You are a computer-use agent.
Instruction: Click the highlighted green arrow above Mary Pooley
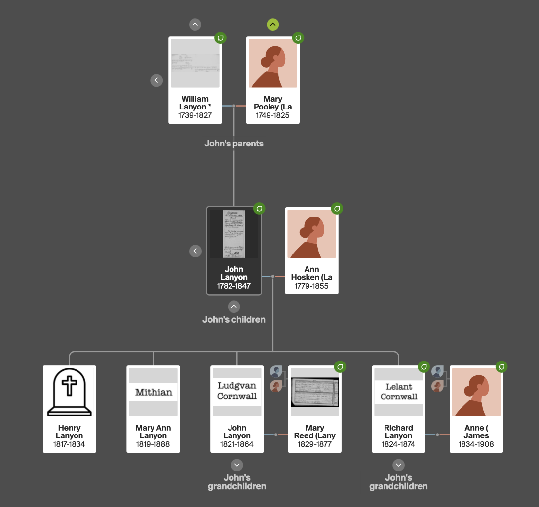(x=273, y=24)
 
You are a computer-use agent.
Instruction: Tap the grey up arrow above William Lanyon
(x=195, y=24)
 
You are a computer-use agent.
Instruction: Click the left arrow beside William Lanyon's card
(x=156, y=80)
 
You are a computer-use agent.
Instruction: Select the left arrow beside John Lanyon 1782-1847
(x=195, y=251)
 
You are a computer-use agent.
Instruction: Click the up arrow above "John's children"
(x=234, y=306)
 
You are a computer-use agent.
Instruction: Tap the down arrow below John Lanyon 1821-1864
(x=237, y=465)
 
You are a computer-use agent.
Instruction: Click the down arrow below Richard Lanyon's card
(x=398, y=465)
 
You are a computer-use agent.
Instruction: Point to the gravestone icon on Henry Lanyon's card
(x=69, y=392)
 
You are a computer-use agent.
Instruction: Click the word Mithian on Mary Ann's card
(x=153, y=393)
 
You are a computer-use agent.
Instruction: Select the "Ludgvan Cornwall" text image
(x=237, y=392)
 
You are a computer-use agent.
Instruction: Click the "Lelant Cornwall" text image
(x=398, y=392)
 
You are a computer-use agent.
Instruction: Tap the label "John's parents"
(x=234, y=144)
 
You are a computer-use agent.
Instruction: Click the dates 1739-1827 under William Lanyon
(x=195, y=115)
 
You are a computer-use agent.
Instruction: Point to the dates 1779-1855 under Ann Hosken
(x=311, y=286)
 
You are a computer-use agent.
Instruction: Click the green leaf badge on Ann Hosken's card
(x=337, y=208)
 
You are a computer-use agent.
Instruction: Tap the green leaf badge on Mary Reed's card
(x=340, y=366)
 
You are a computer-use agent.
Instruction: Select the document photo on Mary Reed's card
(x=315, y=392)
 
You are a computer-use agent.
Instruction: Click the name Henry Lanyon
(x=69, y=432)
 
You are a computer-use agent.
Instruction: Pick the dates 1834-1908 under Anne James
(x=476, y=444)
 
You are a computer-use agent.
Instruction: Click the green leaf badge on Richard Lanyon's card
(x=424, y=366)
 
